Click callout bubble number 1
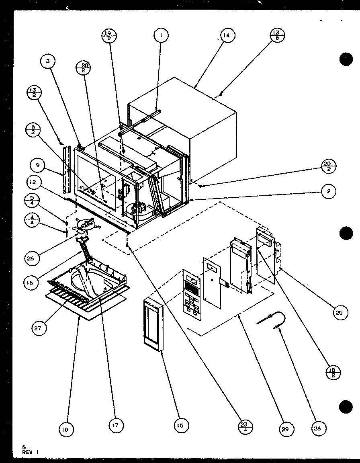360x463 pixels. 161,35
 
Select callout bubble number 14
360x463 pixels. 226,35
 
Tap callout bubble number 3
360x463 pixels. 48,61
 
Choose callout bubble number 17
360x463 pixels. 116,425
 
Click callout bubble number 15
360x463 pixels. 181,425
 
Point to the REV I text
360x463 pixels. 31,452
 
